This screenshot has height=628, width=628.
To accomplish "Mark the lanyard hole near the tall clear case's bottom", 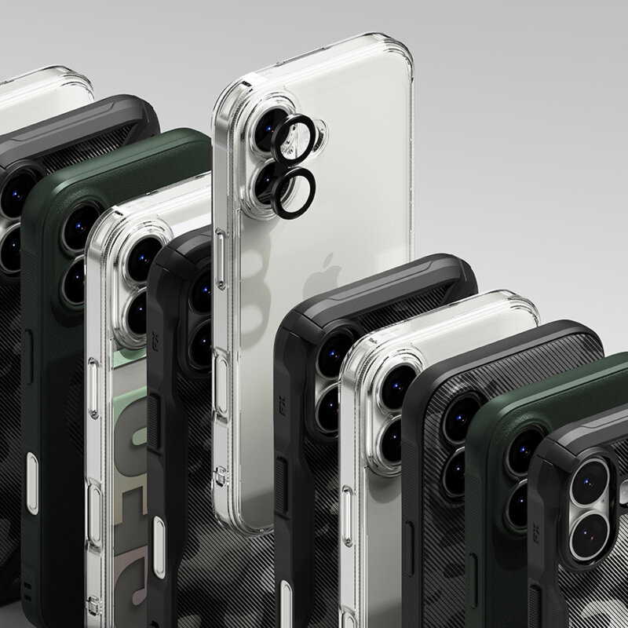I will (x=219, y=472).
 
